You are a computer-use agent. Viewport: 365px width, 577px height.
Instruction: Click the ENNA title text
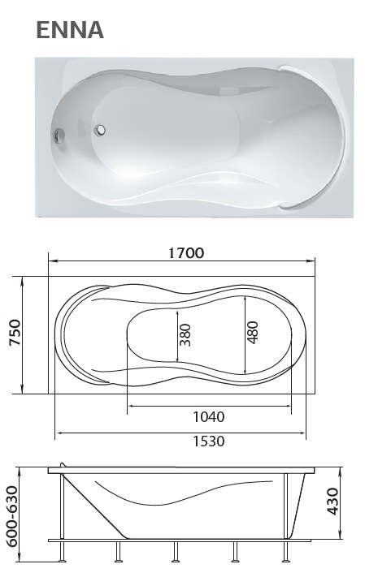70,29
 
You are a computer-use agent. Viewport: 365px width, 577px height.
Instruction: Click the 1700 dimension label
186,253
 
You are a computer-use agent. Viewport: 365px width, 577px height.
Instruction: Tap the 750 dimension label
15,333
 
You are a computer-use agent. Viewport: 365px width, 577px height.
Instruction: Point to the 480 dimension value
253,332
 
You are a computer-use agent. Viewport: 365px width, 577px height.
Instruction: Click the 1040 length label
209,417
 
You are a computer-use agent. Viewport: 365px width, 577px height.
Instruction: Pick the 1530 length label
209,441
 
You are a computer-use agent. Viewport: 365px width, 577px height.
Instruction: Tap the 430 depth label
332,502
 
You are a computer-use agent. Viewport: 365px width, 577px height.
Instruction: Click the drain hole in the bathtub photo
100,129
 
